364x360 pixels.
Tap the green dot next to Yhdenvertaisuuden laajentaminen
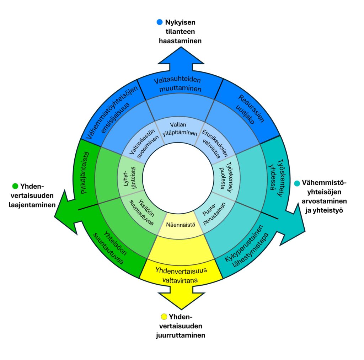15,186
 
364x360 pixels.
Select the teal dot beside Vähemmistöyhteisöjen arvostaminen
297,183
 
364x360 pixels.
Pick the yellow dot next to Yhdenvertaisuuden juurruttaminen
164,316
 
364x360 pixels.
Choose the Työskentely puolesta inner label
226,172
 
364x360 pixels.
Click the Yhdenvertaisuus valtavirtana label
181,274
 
